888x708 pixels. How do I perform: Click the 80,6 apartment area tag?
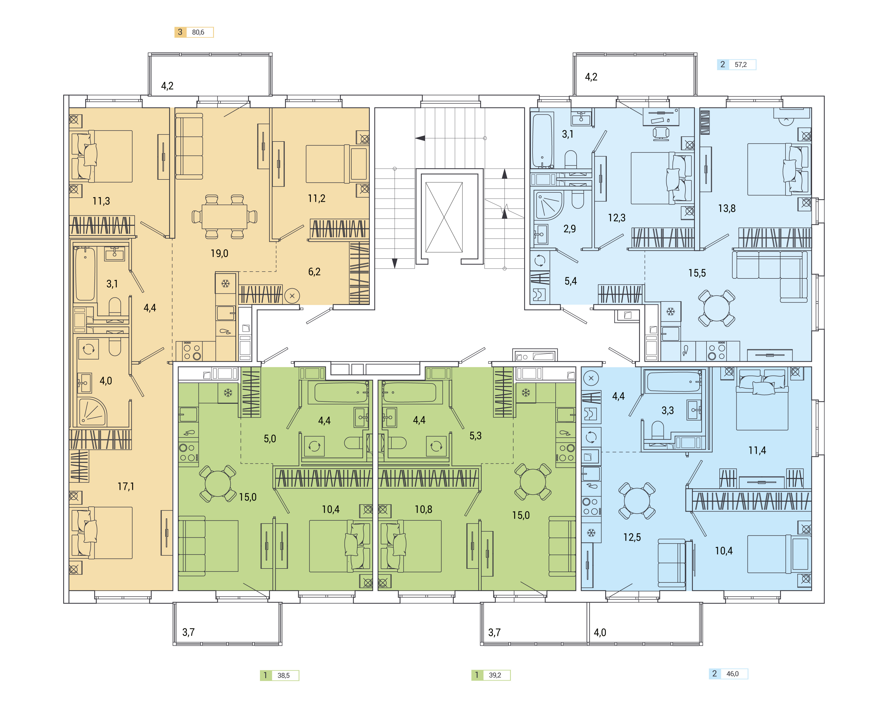tap(194, 32)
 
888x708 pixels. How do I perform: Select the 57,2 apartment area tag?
tap(736, 65)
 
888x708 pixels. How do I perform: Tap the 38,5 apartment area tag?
tap(279, 675)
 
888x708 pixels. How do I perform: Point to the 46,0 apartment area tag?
tap(728, 674)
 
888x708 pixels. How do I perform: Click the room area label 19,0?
tap(219, 253)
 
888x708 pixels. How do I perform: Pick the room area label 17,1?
tap(126, 487)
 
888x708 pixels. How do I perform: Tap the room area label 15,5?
tap(697, 273)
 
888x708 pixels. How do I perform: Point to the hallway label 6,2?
tap(314, 272)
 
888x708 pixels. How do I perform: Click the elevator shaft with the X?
tap(444, 217)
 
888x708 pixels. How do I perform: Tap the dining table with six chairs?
tap(225, 217)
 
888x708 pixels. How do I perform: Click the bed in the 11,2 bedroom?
tap(336, 164)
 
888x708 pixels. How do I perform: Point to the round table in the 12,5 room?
tap(637, 501)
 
